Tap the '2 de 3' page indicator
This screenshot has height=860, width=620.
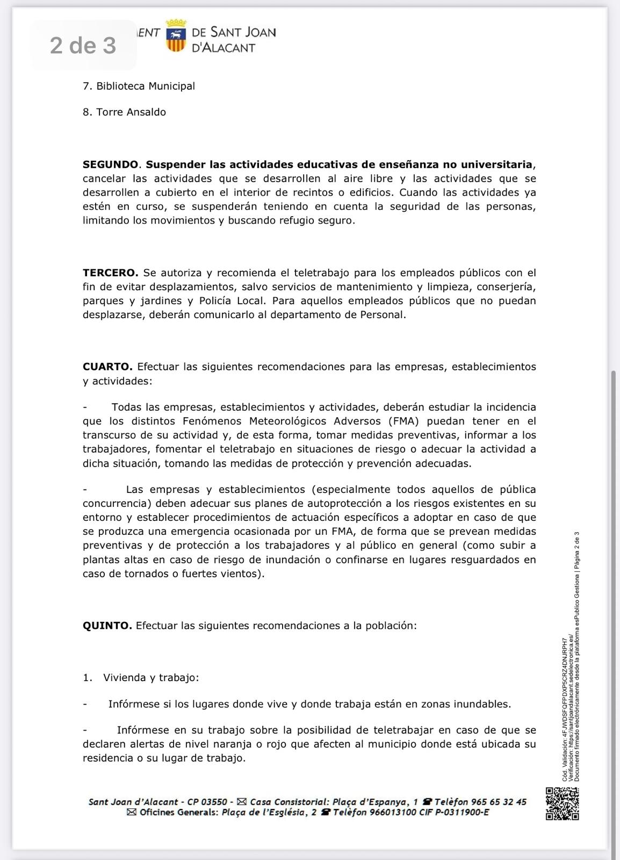(x=83, y=46)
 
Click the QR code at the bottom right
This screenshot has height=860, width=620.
(x=562, y=804)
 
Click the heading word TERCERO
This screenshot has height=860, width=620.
(x=110, y=273)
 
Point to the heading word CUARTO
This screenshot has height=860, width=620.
(x=107, y=367)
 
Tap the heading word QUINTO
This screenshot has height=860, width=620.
(x=107, y=626)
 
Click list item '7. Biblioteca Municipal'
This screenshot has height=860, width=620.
(x=139, y=86)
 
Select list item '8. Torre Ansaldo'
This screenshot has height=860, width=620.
(x=124, y=112)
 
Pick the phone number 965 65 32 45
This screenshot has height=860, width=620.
(x=499, y=802)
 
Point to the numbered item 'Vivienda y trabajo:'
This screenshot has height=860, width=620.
(x=150, y=678)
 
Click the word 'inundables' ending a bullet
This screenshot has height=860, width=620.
(x=482, y=704)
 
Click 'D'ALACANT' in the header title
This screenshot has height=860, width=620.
(x=223, y=48)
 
